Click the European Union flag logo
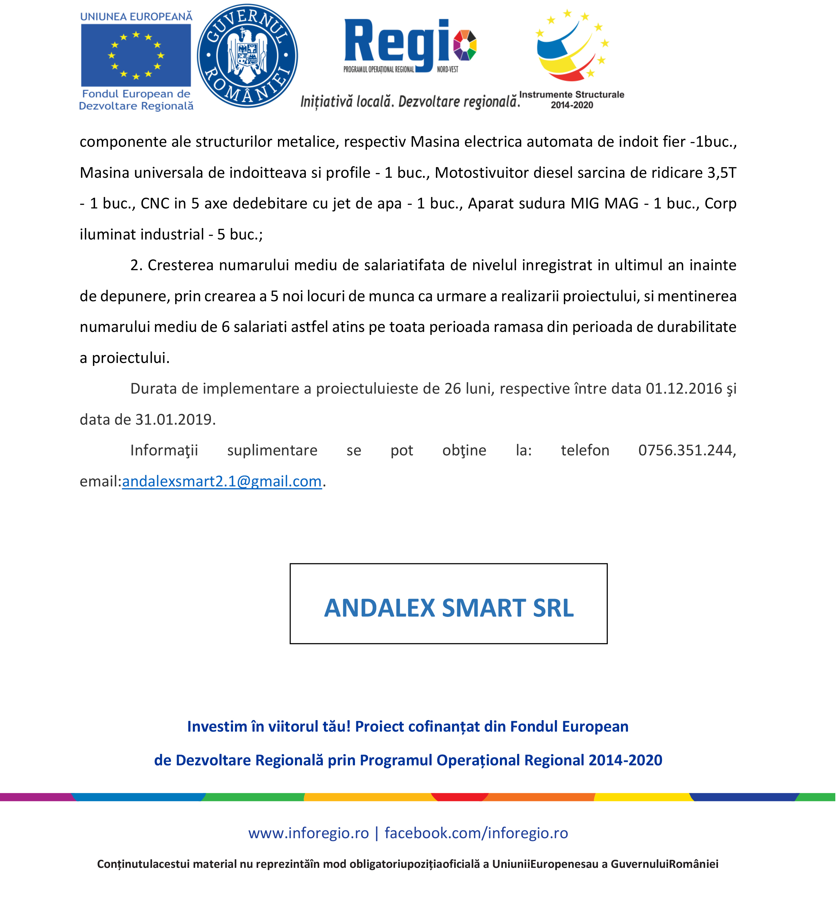[136, 55]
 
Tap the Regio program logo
[410, 46]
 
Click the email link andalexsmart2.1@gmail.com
[222, 481]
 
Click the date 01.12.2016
[684, 389]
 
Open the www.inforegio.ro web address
[308, 833]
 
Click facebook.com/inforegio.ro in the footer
[476, 833]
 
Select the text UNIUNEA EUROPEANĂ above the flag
[136, 17]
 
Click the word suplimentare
[272, 451]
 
